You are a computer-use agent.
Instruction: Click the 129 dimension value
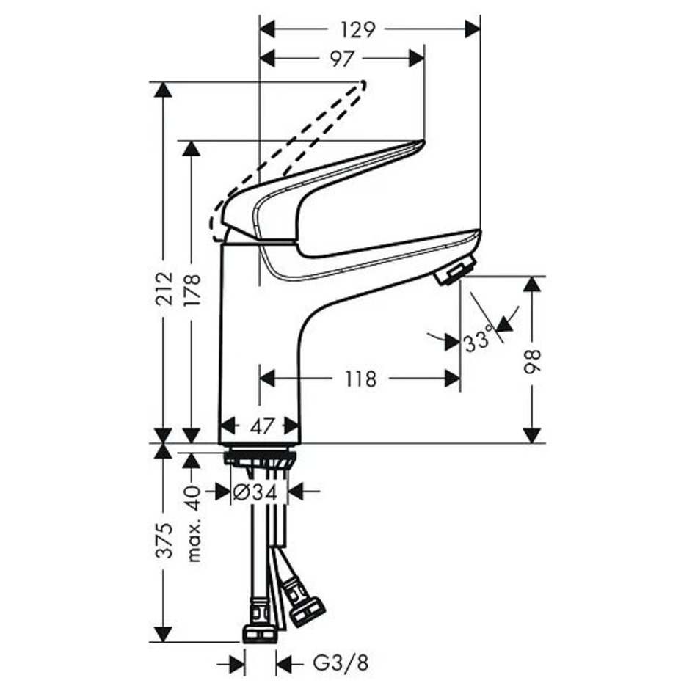pos(358,30)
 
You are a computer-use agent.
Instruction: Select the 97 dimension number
pos(342,59)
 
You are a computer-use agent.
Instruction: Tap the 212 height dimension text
pos(164,288)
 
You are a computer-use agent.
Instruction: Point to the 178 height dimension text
pos(192,289)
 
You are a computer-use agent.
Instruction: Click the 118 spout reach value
pos(360,379)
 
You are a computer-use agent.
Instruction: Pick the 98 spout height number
pos(532,362)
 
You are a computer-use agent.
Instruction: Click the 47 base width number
pos(261,427)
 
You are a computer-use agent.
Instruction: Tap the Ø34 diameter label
pos(255,492)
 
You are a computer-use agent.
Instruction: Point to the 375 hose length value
pos(164,540)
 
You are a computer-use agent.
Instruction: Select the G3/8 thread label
pos(341,664)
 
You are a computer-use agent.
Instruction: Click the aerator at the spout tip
pos(454,270)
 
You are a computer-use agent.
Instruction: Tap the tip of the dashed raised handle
pos(364,83)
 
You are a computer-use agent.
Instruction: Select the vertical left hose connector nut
pos(260,622)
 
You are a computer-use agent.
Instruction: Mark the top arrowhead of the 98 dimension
pos(532,284)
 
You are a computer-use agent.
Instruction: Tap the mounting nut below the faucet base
pos(261,457)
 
